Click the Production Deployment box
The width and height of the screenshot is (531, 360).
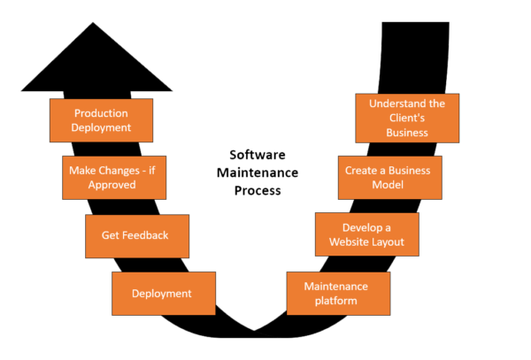tap(102, 119)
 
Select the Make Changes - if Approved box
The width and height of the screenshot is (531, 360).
tap(113, 177)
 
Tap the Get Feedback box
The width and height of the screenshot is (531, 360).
tap(136, 236)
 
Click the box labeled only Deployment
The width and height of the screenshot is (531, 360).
tap(164, 294)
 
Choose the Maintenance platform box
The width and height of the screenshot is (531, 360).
tap(338, 294)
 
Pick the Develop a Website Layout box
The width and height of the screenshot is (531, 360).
tap(367, 234)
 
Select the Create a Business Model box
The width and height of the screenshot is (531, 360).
tap(389, 177)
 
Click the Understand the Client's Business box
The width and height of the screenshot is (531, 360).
tap(407, 119)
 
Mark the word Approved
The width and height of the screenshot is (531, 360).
tap(112, 185)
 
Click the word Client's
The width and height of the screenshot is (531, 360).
tap(407, 118)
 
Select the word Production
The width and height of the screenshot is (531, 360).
tap(102, 112)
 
